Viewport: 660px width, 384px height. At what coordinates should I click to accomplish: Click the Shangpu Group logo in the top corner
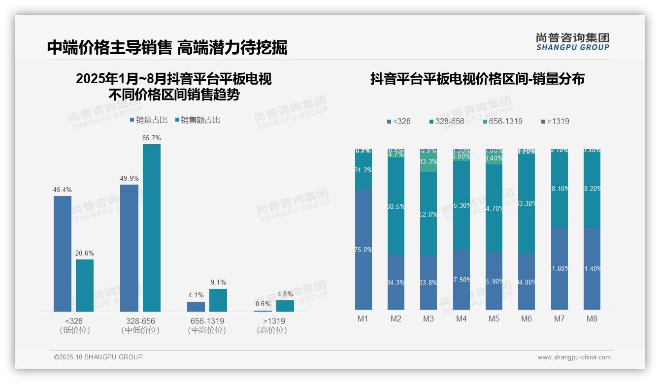click(x=572, y=41)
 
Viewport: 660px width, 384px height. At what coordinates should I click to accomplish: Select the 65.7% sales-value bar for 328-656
click(x=152, y=227)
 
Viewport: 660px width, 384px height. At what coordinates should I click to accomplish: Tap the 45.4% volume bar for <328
click(x=63, y=254)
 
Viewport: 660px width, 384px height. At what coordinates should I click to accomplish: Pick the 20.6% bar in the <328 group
click(x=85, y=286)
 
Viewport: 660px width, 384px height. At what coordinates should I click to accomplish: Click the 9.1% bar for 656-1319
click(x=218, y=300)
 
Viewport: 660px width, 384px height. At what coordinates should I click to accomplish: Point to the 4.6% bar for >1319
click(x=285, y=306)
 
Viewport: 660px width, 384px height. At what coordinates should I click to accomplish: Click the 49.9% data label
click(x=129, y=178)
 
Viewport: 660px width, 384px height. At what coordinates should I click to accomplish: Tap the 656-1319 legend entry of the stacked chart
click(x=502, y=121)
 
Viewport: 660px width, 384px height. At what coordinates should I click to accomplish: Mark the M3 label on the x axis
click(x=429, y=319)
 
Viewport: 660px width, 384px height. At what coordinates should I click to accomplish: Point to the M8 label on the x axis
click(x=592, y=319)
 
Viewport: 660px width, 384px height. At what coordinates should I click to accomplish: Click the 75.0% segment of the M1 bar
click(x=363, y=250)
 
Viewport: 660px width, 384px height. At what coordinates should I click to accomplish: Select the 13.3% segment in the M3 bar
click(x=429, y=162)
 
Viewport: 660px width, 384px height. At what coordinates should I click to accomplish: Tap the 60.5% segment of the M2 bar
click(x=396, y=206)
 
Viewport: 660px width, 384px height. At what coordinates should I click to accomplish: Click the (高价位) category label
click(x=271, y=330)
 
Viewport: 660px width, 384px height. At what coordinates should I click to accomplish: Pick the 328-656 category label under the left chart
click(x=140, y=321)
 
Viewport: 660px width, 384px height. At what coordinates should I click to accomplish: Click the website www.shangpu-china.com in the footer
click(x=574, y=357)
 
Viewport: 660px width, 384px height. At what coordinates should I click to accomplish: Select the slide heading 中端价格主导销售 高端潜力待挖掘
click(x=167, y=47)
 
